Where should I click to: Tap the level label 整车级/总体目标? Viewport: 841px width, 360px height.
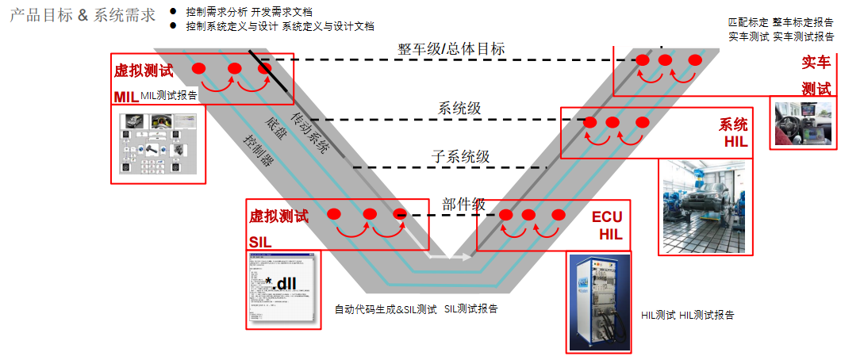(451, 49)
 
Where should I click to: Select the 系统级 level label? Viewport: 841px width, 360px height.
(459, 109)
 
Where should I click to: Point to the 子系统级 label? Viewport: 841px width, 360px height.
(460, 156)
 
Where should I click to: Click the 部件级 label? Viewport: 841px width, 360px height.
(463, 204)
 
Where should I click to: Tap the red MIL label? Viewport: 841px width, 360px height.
(125, 97)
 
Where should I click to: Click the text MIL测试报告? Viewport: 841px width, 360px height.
(169, 96)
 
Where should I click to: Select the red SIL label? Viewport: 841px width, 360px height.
(261, 241)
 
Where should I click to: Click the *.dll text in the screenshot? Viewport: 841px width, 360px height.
(280, 283)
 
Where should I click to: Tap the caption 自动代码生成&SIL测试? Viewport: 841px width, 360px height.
(386, 309)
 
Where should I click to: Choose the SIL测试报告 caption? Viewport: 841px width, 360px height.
(471, 308)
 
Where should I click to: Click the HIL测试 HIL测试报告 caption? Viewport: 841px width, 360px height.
(687, 315)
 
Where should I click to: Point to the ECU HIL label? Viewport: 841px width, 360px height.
(607, 225)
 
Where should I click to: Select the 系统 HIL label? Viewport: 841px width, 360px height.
(735, 133)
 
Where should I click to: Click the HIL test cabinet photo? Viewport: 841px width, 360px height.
(599, 301)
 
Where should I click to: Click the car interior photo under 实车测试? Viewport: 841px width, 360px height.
(802, 122)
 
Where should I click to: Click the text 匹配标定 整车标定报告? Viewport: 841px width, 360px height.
(781, 22)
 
